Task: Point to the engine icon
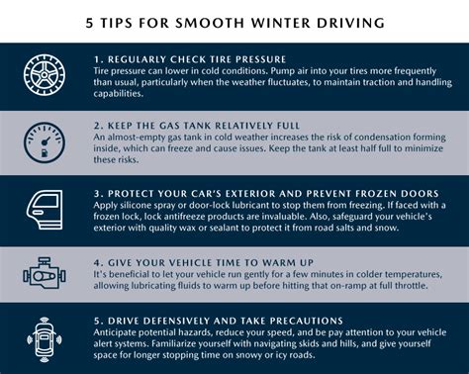42,272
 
